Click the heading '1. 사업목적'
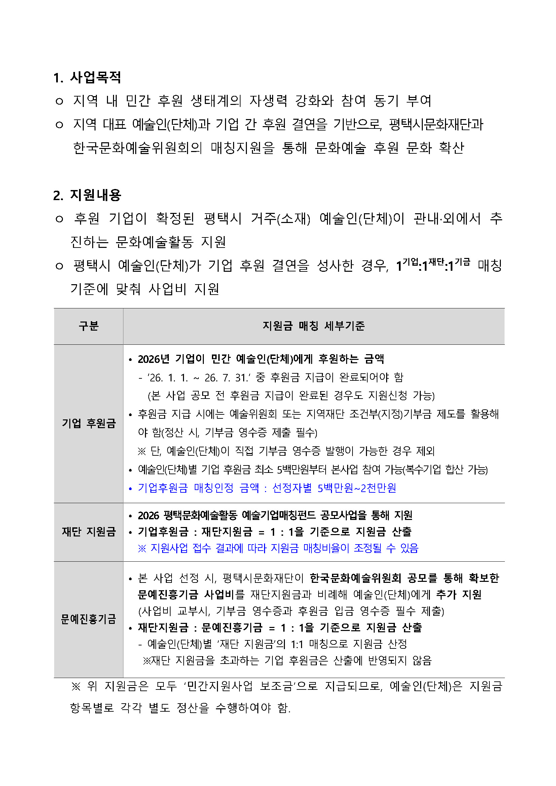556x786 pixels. [87, 77]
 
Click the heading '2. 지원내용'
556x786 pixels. [87, 195]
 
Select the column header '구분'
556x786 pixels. [89, 326]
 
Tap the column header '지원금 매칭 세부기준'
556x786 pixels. [313, 326]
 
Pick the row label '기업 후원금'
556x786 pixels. [89, 423]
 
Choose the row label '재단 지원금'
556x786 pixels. [89, 532]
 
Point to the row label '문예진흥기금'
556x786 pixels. [89, 619]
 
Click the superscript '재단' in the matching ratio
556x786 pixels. [437, 262]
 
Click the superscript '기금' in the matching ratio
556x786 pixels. [462, 262]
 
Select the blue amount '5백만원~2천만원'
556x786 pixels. [357, 488]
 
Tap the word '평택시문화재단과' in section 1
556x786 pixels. [436, 124]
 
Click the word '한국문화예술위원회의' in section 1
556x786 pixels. [137, 148]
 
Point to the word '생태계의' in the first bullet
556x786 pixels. [216, 101]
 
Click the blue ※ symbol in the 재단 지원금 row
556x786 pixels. [142, 549]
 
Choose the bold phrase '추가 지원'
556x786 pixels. [459, 595]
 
